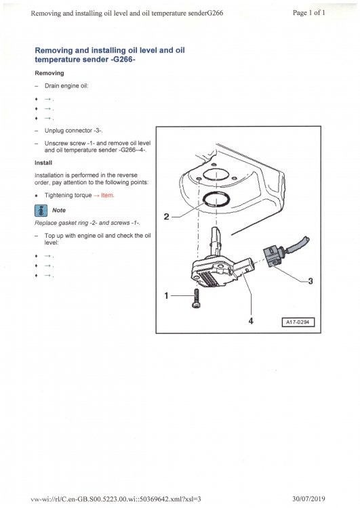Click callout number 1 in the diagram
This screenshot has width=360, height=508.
click(x=166, y=295)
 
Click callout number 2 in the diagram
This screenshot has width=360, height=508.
click(x=167, y=216)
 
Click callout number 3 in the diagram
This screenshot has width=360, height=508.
click(x=310, y=282)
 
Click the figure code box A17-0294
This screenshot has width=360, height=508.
click(x=298, y=322)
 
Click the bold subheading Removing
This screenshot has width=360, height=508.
click(x=49, y=72)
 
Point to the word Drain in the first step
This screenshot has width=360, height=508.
click(x=52, y=86)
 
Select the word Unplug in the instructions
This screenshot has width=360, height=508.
click(x=55, y=131)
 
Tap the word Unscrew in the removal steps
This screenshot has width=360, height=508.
click(x=57, y=144)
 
